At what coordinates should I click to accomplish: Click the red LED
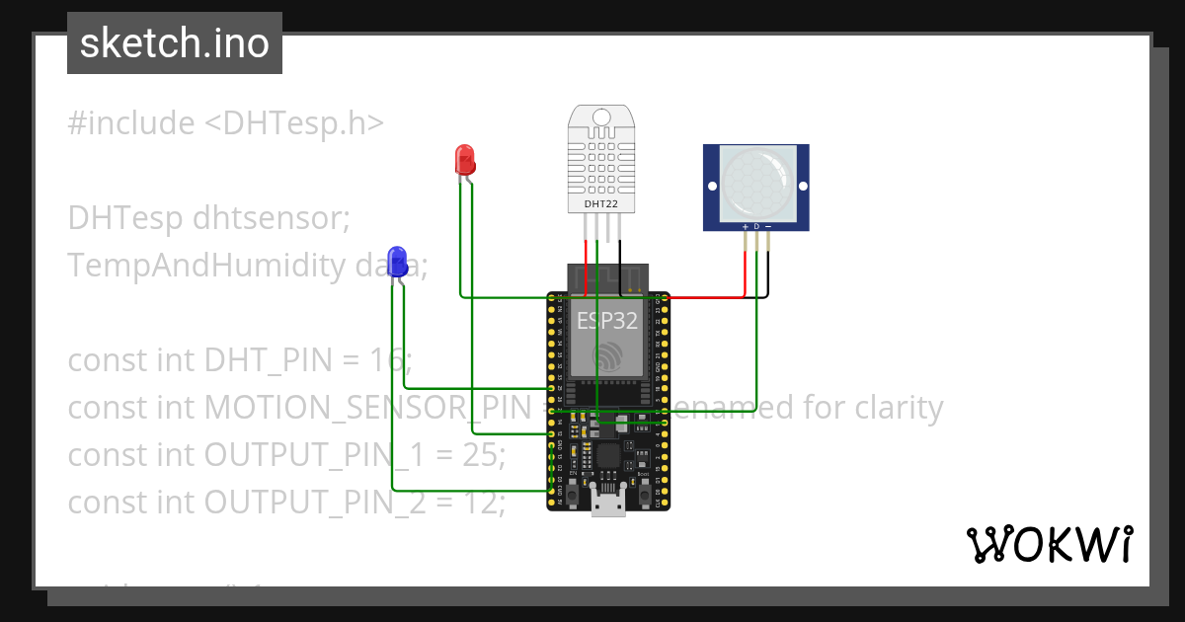[x=465, y=160]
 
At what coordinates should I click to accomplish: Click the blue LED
[x=397, y=262]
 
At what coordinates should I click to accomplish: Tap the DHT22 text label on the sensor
[x=600, y=203]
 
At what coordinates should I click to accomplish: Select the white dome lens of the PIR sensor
[x=756, y=185]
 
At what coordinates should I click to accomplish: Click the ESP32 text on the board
[x=607, y=319]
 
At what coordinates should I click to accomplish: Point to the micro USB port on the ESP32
[x=607, y=503]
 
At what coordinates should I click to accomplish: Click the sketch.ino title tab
[x=175, y=43]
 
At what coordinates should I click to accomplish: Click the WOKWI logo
[x=1049, y=544]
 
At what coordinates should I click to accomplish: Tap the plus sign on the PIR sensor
[x=745, y=226]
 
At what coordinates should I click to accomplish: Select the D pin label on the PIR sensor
[x=756, y=226]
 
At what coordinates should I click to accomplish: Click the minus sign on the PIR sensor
[x=768, y=226]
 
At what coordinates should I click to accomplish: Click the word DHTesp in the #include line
[x=282, y=123]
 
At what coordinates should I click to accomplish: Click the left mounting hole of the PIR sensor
[x=711, y=186]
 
